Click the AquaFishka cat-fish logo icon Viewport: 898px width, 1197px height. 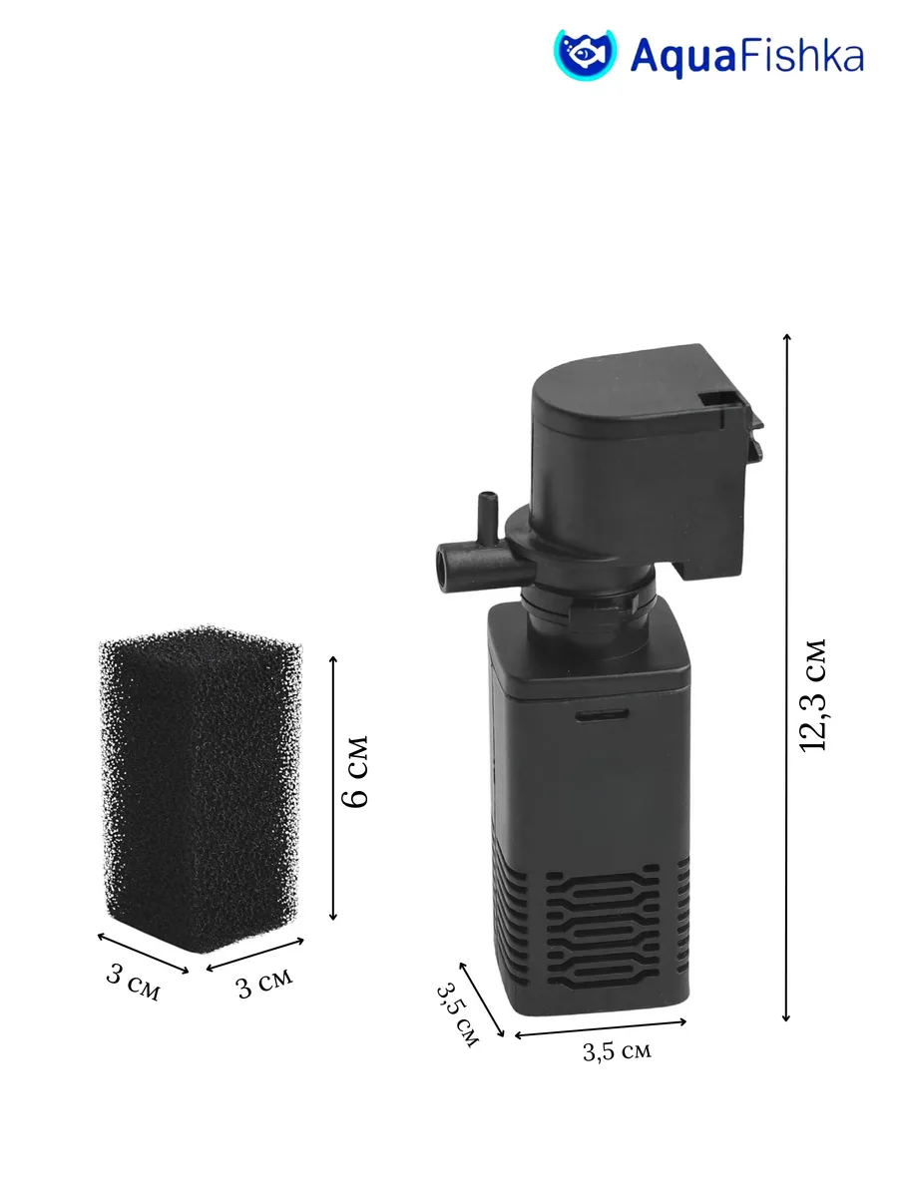point(585,55)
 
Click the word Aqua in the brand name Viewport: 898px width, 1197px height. point(683,58)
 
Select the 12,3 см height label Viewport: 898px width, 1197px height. point(812,694)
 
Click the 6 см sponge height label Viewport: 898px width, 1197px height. point(354,771)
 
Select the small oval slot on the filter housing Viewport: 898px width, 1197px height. point(603,714)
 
